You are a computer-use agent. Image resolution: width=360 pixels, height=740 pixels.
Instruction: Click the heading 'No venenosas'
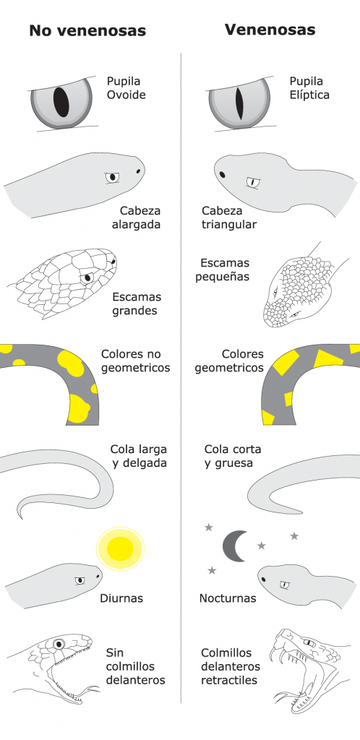[87, 30]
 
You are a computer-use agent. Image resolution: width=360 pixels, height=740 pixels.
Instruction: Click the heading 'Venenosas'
[270, 30]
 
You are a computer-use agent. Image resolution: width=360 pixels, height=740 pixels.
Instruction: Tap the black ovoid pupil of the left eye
[61, 101]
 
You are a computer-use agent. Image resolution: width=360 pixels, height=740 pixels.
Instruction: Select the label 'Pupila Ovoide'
[126, 88]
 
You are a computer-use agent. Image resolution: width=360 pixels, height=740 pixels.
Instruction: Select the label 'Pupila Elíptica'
[309, 88]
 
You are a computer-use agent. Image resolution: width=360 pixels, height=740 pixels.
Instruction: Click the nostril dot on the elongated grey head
[138, 172]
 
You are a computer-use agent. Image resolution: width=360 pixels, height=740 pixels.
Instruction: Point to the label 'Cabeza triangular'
[229, 218]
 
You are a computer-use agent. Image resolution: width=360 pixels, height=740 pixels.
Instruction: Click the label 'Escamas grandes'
[137, 304]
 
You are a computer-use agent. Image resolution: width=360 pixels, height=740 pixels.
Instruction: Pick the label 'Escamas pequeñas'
[222, 270]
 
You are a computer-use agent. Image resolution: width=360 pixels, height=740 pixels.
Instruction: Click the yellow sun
[120, 548]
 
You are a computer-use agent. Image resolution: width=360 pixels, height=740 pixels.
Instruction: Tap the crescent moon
[233, 546]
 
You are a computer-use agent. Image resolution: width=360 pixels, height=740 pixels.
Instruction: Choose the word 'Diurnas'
[121, 598]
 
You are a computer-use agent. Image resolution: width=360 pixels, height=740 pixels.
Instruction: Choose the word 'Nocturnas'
[228, 598]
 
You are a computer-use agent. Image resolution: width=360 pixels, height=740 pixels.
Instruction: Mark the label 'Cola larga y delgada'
[139, 456]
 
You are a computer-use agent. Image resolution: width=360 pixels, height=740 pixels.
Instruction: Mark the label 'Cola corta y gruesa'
[233, 456]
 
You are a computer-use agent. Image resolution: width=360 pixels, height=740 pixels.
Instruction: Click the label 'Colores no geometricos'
[136, 361]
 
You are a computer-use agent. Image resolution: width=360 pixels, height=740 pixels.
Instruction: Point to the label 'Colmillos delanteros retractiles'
[231, 667]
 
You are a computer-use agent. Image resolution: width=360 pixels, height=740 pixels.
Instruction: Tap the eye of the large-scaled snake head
[87, 278]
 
